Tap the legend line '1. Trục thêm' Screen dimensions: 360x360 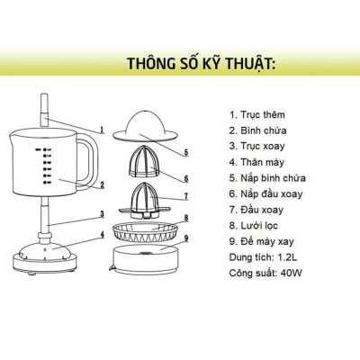click(x=260, y=115)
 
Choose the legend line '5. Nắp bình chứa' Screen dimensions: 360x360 click(x=268, y=177)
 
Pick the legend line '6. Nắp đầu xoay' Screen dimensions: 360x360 click(x=268, y=193)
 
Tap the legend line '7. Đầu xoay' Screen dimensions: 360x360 click(x=259, y=209)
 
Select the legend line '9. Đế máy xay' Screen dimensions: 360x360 click(x=265, y=240)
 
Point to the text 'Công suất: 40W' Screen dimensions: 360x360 click(x=266, y=272)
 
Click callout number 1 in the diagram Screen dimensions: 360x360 click(x=102, y=129)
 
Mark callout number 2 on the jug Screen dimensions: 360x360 click(x=102, y=185)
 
